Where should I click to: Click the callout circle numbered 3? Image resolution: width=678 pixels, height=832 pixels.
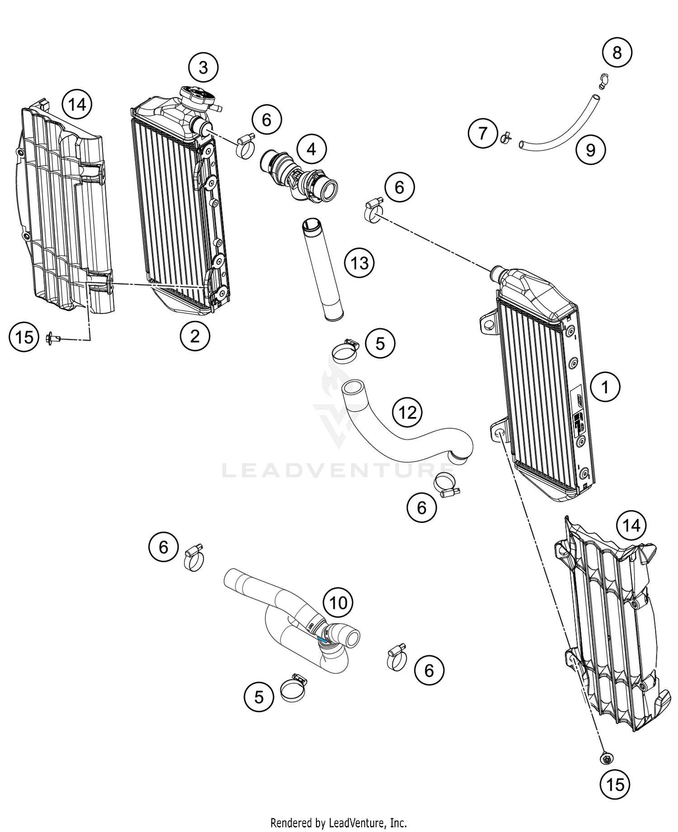(203, 68)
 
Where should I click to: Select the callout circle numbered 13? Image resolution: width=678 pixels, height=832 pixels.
(359, 263)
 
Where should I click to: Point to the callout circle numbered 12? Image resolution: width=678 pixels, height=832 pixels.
(407, 412)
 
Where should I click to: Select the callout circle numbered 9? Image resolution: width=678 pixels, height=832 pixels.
(591, 150)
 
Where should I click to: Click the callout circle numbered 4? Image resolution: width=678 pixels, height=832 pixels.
(311, 149)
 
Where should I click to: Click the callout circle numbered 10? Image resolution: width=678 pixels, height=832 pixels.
(338, 602)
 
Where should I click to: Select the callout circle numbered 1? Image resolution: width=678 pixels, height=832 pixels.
(605, 387)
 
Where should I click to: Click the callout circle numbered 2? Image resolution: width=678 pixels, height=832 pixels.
(195, 336)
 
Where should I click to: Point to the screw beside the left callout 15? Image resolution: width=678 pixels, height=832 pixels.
(52, 337)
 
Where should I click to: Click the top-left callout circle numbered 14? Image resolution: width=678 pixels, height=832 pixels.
(77, 105)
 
